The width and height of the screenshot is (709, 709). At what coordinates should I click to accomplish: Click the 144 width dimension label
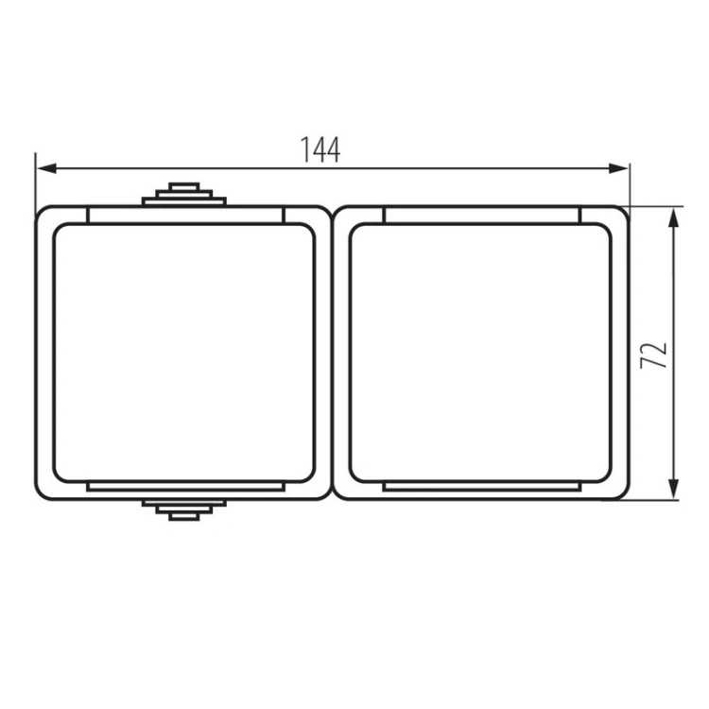[x=320, y=149]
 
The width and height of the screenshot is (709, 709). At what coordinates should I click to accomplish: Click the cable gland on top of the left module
[x=183, y=194]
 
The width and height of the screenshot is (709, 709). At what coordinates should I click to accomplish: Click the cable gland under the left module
[x=183, y=510]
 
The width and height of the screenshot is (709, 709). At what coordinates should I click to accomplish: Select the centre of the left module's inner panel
[x=183, y=353]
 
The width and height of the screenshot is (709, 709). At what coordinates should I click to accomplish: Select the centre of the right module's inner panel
[x=480, y=353]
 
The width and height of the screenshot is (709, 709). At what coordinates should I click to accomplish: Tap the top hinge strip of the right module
[x=480, y=216]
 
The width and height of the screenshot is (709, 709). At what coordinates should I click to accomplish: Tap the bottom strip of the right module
[x=480, y=487]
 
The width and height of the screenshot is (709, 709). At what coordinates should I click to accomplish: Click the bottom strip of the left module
[x=183, y=487]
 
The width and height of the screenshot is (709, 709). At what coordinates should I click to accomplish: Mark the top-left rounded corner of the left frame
[x=42, y=212]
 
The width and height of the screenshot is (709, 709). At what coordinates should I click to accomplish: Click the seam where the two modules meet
[x=332, y=353]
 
